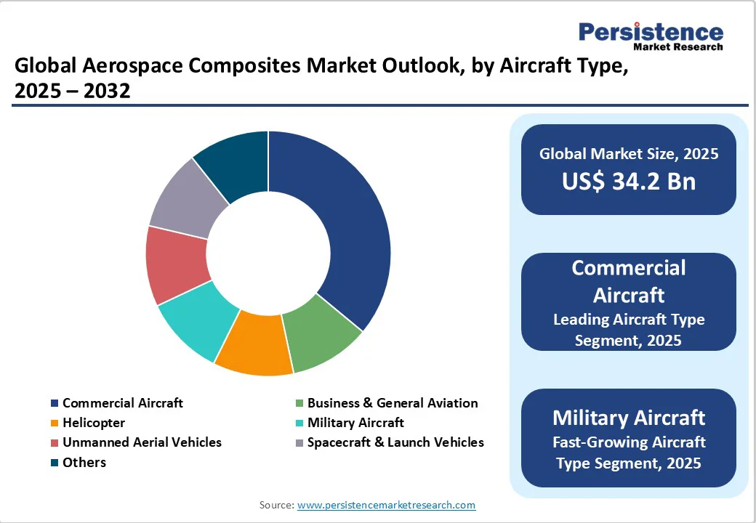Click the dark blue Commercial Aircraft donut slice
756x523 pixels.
point(342,225)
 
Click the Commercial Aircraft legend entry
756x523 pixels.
point(122,403)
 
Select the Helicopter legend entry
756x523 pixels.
point(93,423)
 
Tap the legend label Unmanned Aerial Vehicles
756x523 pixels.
point(142,442)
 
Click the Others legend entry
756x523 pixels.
point(84,463)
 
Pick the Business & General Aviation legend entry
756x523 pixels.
point(393,403)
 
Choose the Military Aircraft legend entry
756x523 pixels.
point(355,423)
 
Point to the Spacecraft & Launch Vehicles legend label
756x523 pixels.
point(395,442)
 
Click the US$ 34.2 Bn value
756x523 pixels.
point(628,181)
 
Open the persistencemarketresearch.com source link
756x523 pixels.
point(386,505)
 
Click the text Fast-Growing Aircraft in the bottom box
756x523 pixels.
point(628,442)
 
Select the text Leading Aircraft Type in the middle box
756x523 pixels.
point(628,320)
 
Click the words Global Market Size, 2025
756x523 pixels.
point(628,153)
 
